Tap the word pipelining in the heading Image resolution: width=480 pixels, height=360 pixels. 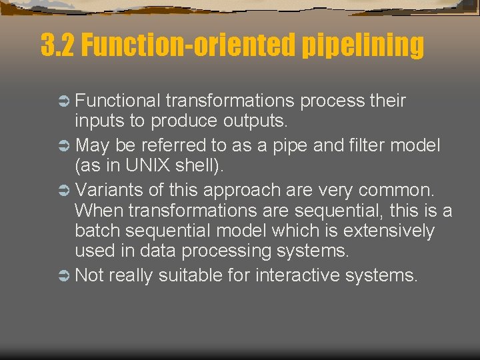click(363, 45)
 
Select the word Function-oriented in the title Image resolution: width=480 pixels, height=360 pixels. click(189, 45)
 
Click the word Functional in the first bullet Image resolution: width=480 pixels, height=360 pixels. click(117, 101)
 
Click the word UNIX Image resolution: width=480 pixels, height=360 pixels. click(143, 165)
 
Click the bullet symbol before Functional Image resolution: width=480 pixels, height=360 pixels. click(64, 101)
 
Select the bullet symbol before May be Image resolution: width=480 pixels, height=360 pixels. click(64, 145)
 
